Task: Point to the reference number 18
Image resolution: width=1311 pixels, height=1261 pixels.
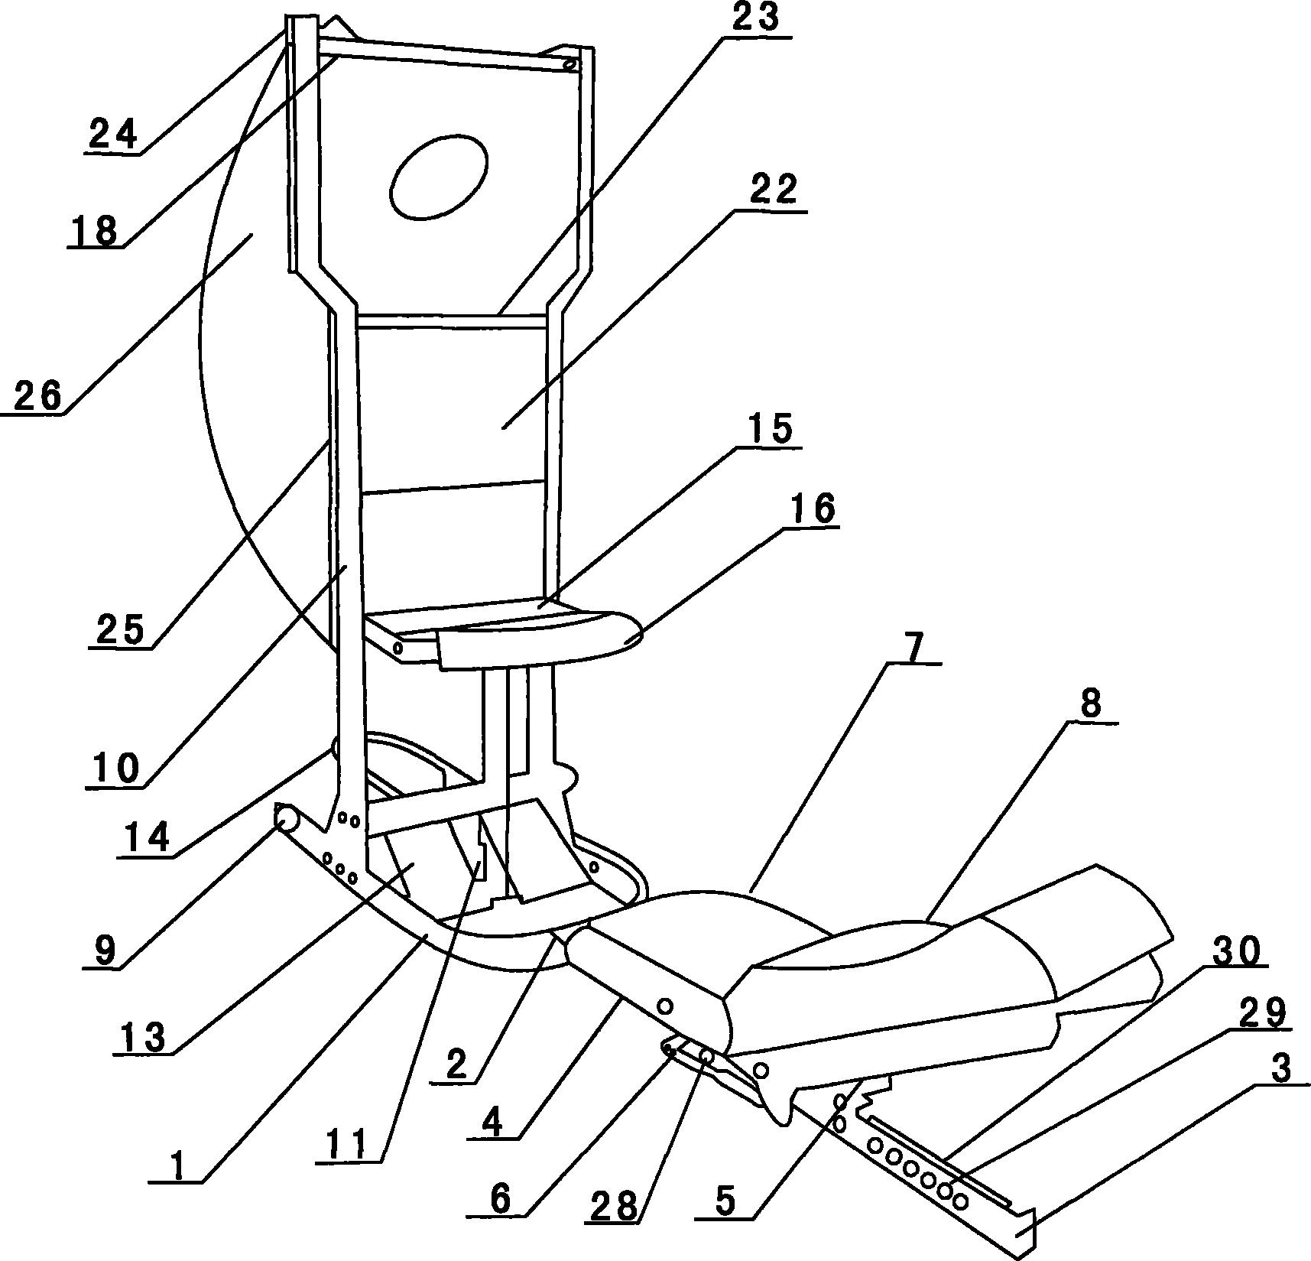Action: tap(96, 229)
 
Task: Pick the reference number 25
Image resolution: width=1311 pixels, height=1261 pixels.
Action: tap(119, 630)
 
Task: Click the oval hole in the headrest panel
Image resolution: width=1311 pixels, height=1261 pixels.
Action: tap(439, 178)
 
